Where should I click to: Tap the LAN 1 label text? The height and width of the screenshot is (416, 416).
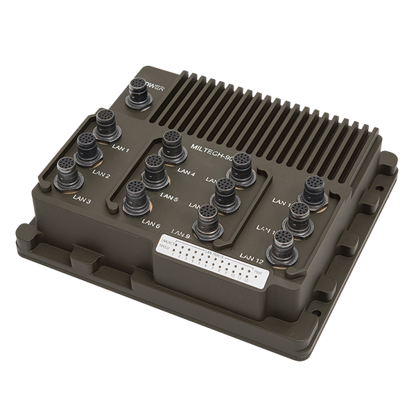coord(121,148)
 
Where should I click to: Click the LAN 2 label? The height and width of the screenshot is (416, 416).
coord(102,174)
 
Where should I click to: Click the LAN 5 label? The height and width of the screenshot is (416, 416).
coord(168,198)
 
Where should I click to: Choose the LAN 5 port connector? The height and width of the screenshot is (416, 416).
coord(154,168)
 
